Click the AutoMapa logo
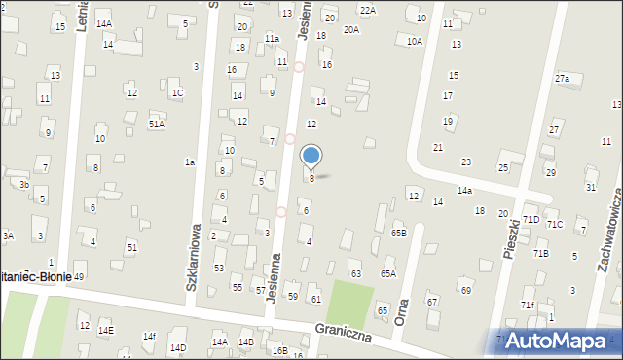tap(561, 341)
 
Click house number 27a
tap(562, 78)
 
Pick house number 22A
tap(367, 10)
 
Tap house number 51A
tap(156, 125)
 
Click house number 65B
tap(398, 234)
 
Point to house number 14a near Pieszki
tap(465, 191)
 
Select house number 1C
tap(177, 93)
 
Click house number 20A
tap(351, 30)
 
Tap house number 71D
tap(531, 220)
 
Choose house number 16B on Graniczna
tap(280, 350)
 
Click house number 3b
tap(24, 184)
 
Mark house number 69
tap(466, 290)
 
